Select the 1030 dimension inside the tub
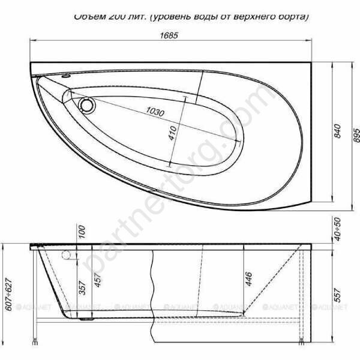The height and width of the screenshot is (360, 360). coord(155,112)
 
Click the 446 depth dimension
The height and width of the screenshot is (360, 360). coord(247,278)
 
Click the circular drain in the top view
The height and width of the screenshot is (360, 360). coord(87,106)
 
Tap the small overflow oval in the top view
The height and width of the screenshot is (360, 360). coord(65,78)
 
